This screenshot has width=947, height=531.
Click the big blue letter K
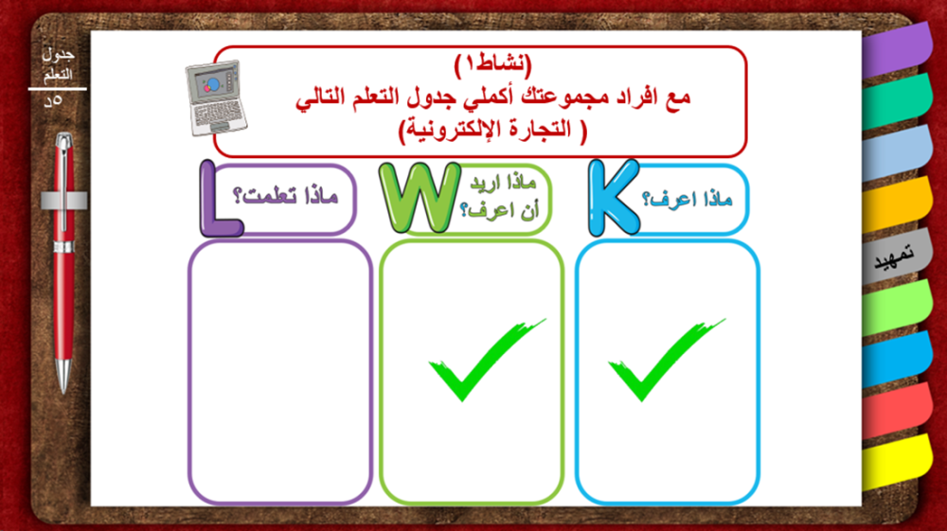[x=610, y=197]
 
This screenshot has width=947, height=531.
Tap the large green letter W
[x=420, y=197]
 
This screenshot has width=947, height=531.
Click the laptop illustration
[x=216, y=97]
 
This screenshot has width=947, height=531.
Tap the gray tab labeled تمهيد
[x=896, y=256]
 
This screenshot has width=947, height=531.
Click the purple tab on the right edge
[x=896, y=49]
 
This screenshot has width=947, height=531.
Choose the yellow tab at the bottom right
[x=896, y=462]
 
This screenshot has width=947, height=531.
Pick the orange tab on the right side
[x=896, y=204]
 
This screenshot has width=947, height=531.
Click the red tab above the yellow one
[x=896, y=411]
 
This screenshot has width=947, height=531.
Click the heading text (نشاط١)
[x=492, y=64]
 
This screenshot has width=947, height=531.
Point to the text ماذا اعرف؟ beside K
[x=687, y=199]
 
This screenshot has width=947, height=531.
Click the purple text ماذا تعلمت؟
[x=285, y=196]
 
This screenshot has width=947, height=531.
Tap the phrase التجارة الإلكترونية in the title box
[x=492, y=129]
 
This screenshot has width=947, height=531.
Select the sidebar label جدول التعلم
[x=58, y=64]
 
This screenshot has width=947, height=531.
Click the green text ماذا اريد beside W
[x=503, y=183]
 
